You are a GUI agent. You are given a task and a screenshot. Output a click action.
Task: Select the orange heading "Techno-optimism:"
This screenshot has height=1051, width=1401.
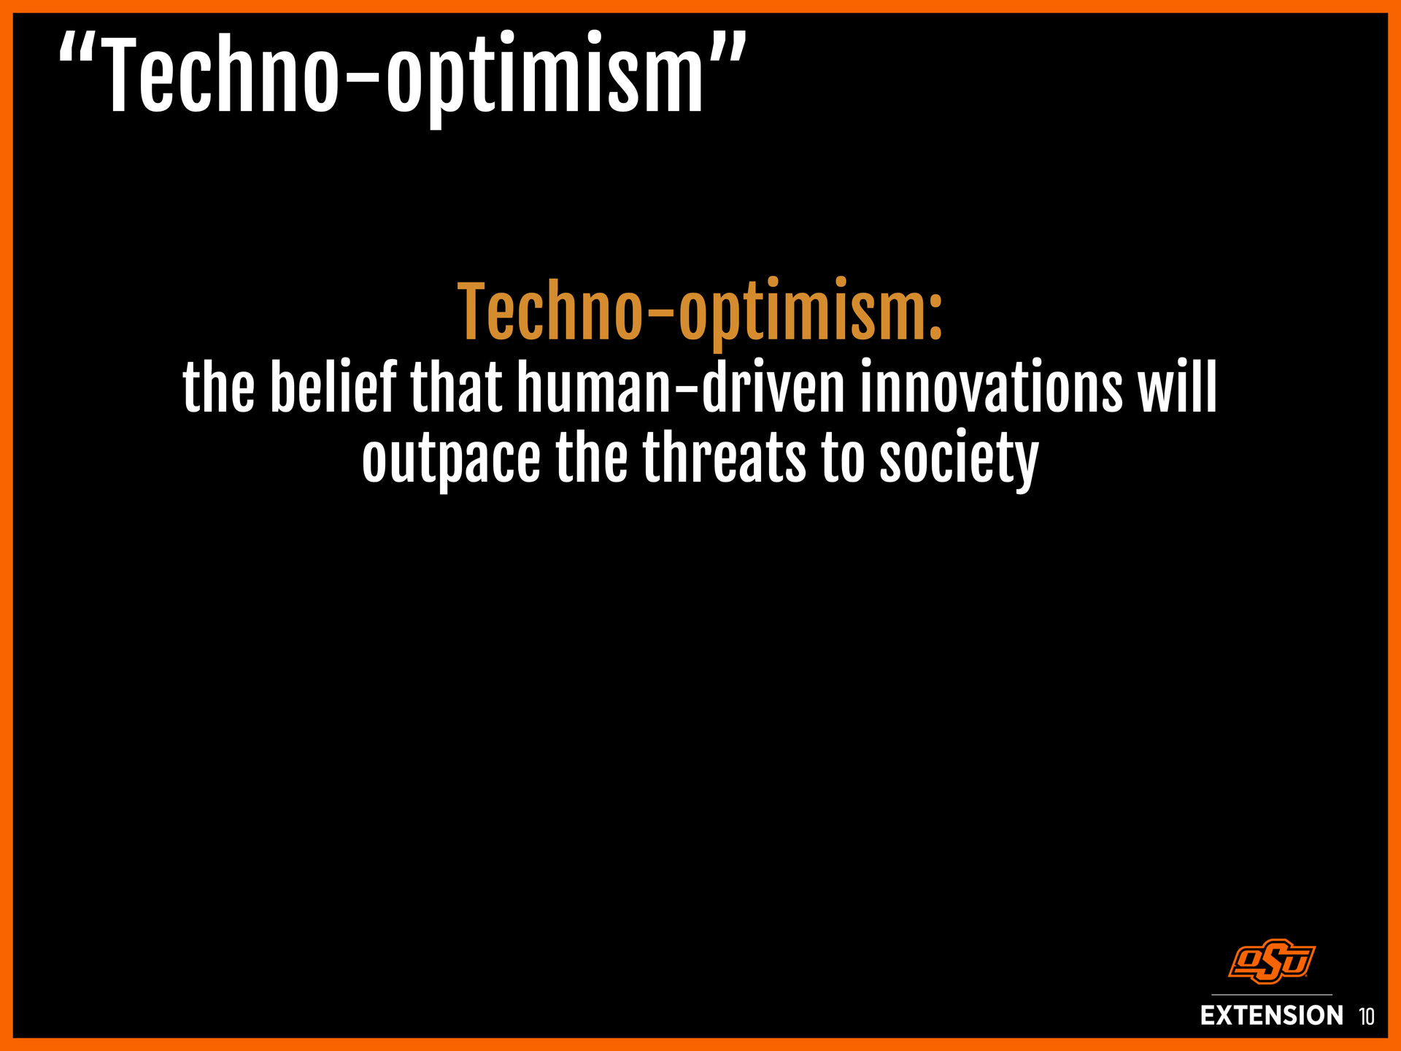[x=700, y=312]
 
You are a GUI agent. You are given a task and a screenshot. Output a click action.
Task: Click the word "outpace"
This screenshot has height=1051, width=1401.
[x=451, y=460]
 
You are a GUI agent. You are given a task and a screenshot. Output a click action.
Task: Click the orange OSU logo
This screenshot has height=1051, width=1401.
[x=1272, y=961]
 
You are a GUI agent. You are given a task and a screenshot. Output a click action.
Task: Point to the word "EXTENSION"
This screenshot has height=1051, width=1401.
[x=1272, y=1015]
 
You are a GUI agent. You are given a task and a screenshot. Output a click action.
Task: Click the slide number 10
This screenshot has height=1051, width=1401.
[x=1366, y=1016]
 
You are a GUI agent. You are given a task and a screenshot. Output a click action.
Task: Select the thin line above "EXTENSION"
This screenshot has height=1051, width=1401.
[x=1272, y=995]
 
